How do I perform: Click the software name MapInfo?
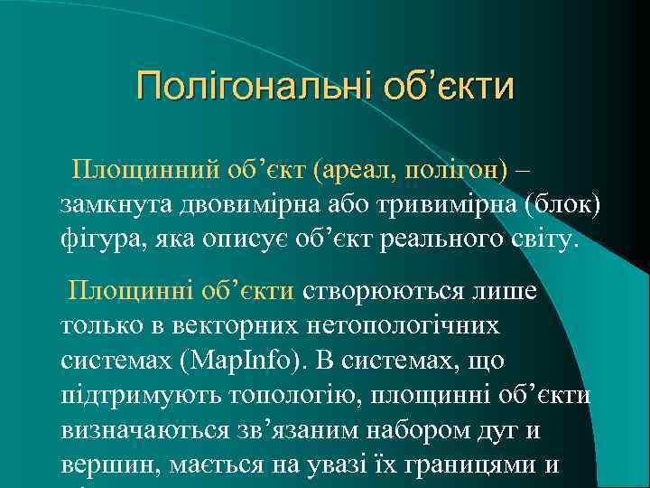(242, 360)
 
